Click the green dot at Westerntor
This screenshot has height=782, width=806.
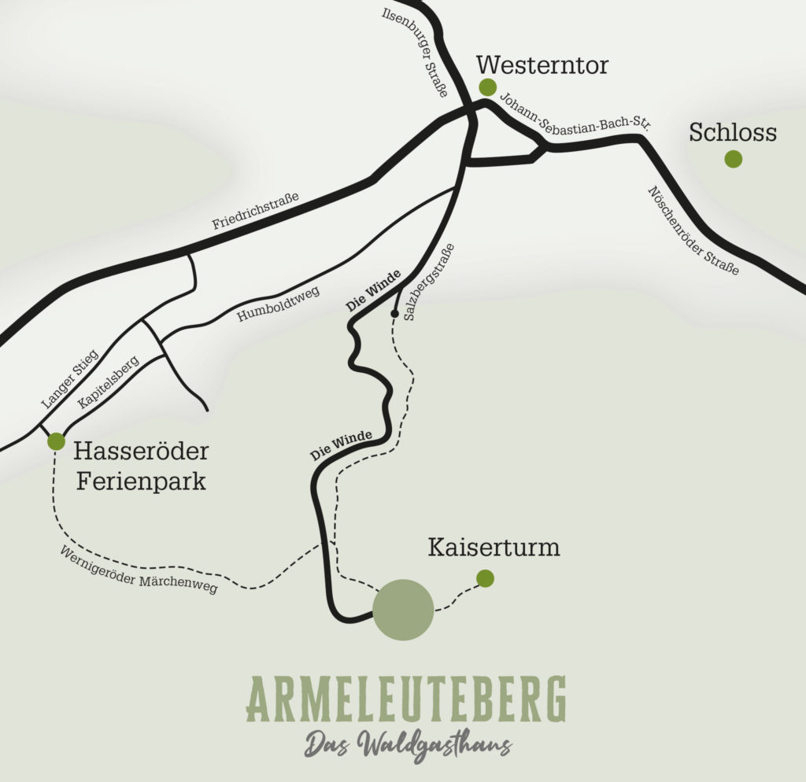[x=488, y=87]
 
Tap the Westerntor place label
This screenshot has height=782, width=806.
[x=542, y=65]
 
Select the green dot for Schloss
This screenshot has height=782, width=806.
[x=733, y=159]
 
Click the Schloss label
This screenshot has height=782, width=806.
[x=732, y=133]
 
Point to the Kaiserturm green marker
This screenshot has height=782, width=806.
[x=485, y=578]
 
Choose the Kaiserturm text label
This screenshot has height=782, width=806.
[x=494, y=548]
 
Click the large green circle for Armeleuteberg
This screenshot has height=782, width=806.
[x=403, y=609]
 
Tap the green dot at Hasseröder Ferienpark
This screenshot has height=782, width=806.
[x=56, y=441]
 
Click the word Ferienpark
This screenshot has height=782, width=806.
[x=141, y=481]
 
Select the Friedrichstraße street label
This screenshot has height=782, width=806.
[x=256, y=212]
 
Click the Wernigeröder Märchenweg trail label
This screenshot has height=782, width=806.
[x=138, y=570]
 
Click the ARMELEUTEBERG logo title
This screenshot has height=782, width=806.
[x=406, y=698]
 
